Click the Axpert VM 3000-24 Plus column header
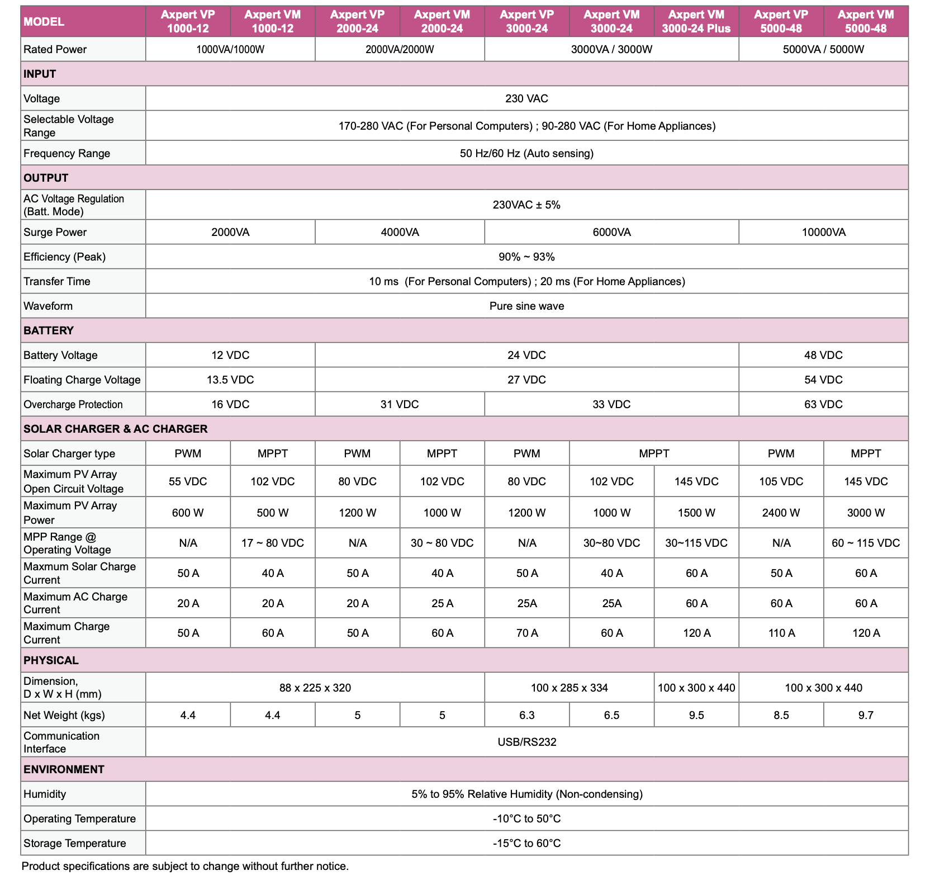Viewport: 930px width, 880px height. (x=696, y=22)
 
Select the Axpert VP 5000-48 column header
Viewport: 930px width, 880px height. (x=781, y=22)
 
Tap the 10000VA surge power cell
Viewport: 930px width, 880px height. (x=823, y=232)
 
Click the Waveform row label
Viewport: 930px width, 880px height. (x=48, y=306)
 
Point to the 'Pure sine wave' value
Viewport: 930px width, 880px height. (x=526, y=306)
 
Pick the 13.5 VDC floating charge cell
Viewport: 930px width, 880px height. (x=230, y=380)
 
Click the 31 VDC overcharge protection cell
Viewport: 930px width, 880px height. (x=400, y=404)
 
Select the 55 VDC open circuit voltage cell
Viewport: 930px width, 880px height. (x=188, y=481)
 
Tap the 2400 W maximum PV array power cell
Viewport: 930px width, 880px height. (x=781, y=513)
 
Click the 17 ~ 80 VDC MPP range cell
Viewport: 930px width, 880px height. (x=273, y=543)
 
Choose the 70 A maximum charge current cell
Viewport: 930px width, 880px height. (x=526, y=633)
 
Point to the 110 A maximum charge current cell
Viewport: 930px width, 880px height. (x=781, y=633)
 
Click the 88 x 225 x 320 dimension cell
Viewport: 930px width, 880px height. (x=315, y=688)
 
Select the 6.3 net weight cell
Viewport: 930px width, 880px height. (x=526, y=715)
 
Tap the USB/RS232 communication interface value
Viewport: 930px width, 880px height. (x=526, y=742)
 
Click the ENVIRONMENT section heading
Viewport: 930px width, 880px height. (x=64, y=769)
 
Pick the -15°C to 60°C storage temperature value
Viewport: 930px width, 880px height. (x=526, y=843)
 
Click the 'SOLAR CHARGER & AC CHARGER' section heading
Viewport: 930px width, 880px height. (x=115, y=429)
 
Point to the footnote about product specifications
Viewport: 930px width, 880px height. (x=185, y=866)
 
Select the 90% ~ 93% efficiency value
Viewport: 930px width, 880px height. (x=526, y=257)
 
